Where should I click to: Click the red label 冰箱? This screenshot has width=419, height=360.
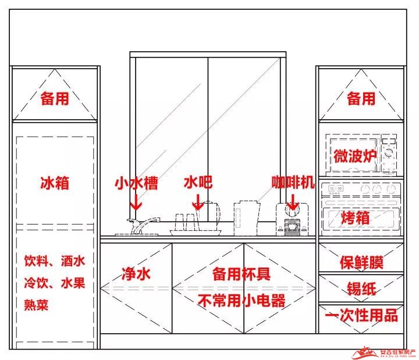55,183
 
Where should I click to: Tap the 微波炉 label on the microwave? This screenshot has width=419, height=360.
354,156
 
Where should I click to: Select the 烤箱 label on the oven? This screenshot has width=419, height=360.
355,218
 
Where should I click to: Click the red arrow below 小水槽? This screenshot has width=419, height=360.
136,202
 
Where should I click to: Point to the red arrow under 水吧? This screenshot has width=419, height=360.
198,202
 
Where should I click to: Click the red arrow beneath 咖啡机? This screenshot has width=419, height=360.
293,202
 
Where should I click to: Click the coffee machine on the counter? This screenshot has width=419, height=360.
292,219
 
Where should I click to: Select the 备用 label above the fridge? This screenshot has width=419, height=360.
55,98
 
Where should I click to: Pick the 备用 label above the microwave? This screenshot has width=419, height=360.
361,98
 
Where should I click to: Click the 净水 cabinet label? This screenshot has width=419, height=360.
136,274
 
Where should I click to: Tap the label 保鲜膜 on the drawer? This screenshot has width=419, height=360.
361,262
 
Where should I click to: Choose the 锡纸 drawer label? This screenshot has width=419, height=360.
361,288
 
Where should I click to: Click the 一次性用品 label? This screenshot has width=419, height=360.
361,315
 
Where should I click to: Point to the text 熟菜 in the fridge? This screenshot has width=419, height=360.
36,305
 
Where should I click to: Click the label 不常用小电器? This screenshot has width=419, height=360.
242,301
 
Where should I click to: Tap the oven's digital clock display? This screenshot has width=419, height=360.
336,188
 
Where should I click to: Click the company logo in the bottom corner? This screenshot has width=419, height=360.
384,352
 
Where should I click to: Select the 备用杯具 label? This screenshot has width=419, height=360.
242,274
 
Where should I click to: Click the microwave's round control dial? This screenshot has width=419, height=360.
389,153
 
